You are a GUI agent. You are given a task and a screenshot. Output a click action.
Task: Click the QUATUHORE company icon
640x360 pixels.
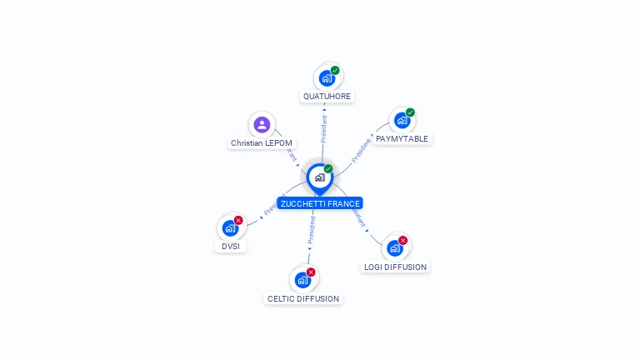tap(327, 78)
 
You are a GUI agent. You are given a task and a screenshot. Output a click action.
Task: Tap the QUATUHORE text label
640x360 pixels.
tap(327, 97)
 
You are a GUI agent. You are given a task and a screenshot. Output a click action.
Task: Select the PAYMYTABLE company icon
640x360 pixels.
tap(402, 121)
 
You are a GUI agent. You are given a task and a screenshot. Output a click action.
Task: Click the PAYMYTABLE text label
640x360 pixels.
tap(402, 139)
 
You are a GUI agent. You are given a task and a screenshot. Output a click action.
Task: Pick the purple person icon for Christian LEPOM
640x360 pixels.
tap(262, 125)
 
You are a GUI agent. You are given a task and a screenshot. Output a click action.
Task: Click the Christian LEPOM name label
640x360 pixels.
tap(262, 143)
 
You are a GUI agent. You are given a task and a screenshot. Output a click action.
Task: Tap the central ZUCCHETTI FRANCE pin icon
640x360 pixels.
tap(319, 177)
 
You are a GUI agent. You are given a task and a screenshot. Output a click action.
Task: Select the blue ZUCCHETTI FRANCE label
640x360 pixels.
tap(320, 203)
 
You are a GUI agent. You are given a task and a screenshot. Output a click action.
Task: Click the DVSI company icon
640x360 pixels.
tap(230, 228)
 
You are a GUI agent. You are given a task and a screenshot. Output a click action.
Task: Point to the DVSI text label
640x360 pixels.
tap(230, 247)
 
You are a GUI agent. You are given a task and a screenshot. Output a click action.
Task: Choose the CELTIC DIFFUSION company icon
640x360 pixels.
tap(302, 280)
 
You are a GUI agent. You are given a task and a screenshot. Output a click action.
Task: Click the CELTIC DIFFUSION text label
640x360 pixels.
tap(303, 298)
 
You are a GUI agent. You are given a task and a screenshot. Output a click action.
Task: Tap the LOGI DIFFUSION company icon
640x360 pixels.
tap(395, 248)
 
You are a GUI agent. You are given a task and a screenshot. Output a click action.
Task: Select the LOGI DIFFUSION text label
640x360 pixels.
tap(395, 267)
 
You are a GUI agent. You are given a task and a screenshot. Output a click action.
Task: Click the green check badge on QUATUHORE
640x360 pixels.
tap(335, 71)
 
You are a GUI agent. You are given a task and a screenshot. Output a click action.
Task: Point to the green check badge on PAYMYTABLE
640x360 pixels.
tap(410, 112)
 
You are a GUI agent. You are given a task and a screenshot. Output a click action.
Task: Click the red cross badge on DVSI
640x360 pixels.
tap(238, 221)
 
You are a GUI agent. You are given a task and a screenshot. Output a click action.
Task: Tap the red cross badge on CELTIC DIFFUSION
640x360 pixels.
tap(311, 272)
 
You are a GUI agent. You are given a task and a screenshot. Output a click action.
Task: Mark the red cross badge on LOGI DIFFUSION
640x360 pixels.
tap(403, 241)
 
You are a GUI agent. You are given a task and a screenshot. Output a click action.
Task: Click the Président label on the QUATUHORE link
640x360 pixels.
tap(324, 129)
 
